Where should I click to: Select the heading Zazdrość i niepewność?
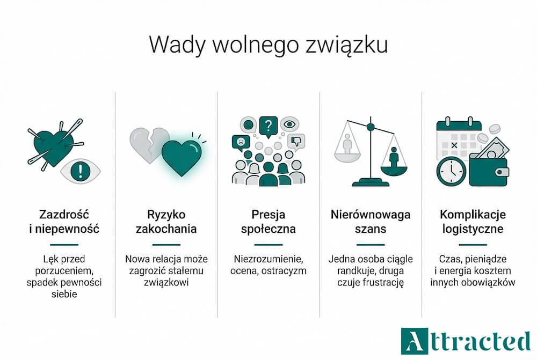click(x=63, y=222)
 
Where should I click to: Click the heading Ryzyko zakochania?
click(x=166, y=222)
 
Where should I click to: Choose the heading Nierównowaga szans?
click(x=370, y=222)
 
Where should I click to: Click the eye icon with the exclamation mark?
click(x=81, y=171)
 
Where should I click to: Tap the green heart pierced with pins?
click(x=52, y=144)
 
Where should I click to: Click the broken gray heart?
click(x=146, y=142)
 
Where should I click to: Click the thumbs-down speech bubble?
click(x=295, y=141)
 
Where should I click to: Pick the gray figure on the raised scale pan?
click(x=347, y=144)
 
